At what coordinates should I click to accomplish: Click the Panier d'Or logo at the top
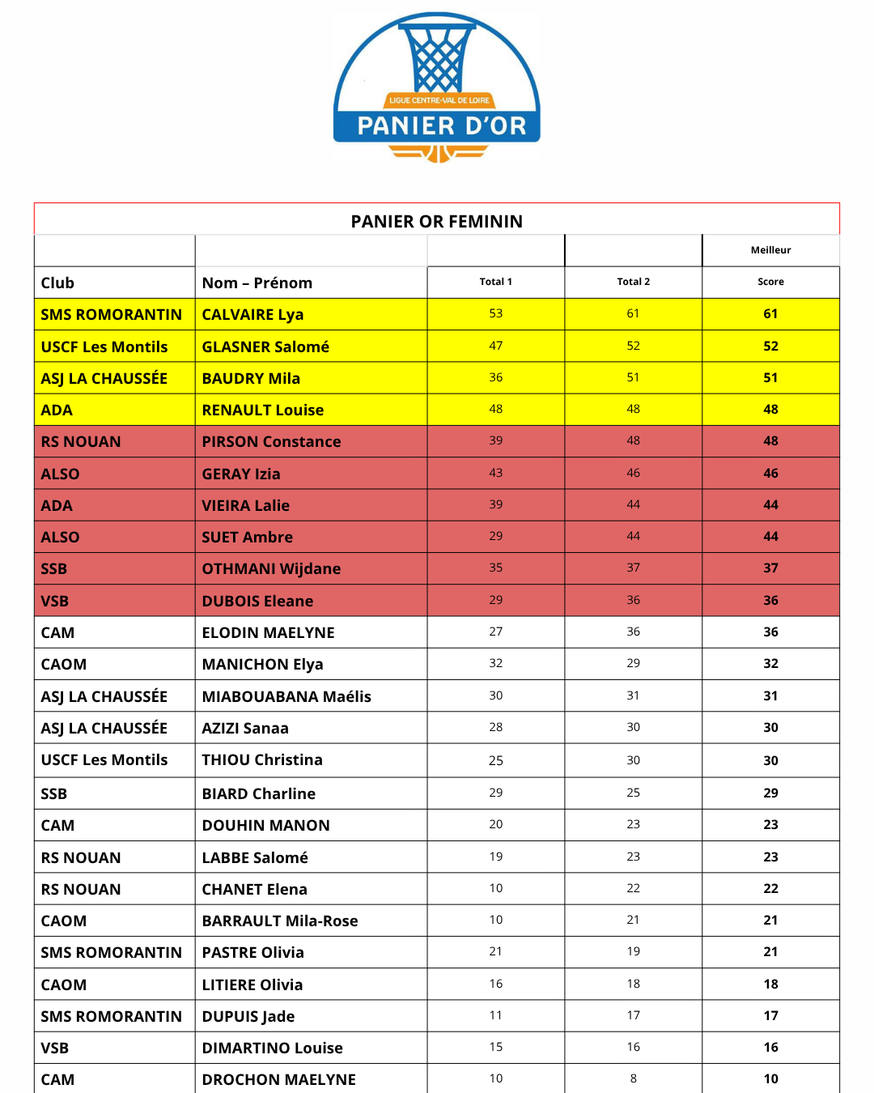click(x=437, y=87)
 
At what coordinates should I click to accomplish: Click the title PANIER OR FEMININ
click(x=437, y=221)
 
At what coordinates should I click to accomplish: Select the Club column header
click(x=57, y=283)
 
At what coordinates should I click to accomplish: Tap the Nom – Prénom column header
click(x=257, y=283)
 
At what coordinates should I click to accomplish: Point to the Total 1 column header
click(x=495, y=282)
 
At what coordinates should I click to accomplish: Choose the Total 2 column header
click(x=633, y=282)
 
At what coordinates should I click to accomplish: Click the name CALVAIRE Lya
click(x=252, y=314)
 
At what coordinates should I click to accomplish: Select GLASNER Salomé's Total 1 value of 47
click(x=495, y=346)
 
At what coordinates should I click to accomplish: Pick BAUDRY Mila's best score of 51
click(x=770, y=377)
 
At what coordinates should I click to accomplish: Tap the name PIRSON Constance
click(x=271, y=441)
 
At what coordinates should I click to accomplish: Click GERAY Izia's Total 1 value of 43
click(x=495, y=473)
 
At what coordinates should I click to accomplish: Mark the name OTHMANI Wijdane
click(x=271, y=568)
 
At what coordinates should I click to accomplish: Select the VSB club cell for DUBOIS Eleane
click(x=55, y=601)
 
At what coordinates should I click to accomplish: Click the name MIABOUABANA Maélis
click(x=286, y=696)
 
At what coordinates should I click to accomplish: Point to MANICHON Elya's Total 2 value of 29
click(x=633, y=663)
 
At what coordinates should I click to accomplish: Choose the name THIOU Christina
click(x=262, y=759)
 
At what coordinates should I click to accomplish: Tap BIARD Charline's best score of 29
click(x=770, y=793)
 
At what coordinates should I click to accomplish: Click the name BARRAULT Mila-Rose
click(x=280, y=921)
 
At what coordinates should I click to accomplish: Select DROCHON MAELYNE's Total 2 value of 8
click(x=633, y=1078)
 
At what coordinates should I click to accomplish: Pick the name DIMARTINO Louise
click(x=272, y=1048)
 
